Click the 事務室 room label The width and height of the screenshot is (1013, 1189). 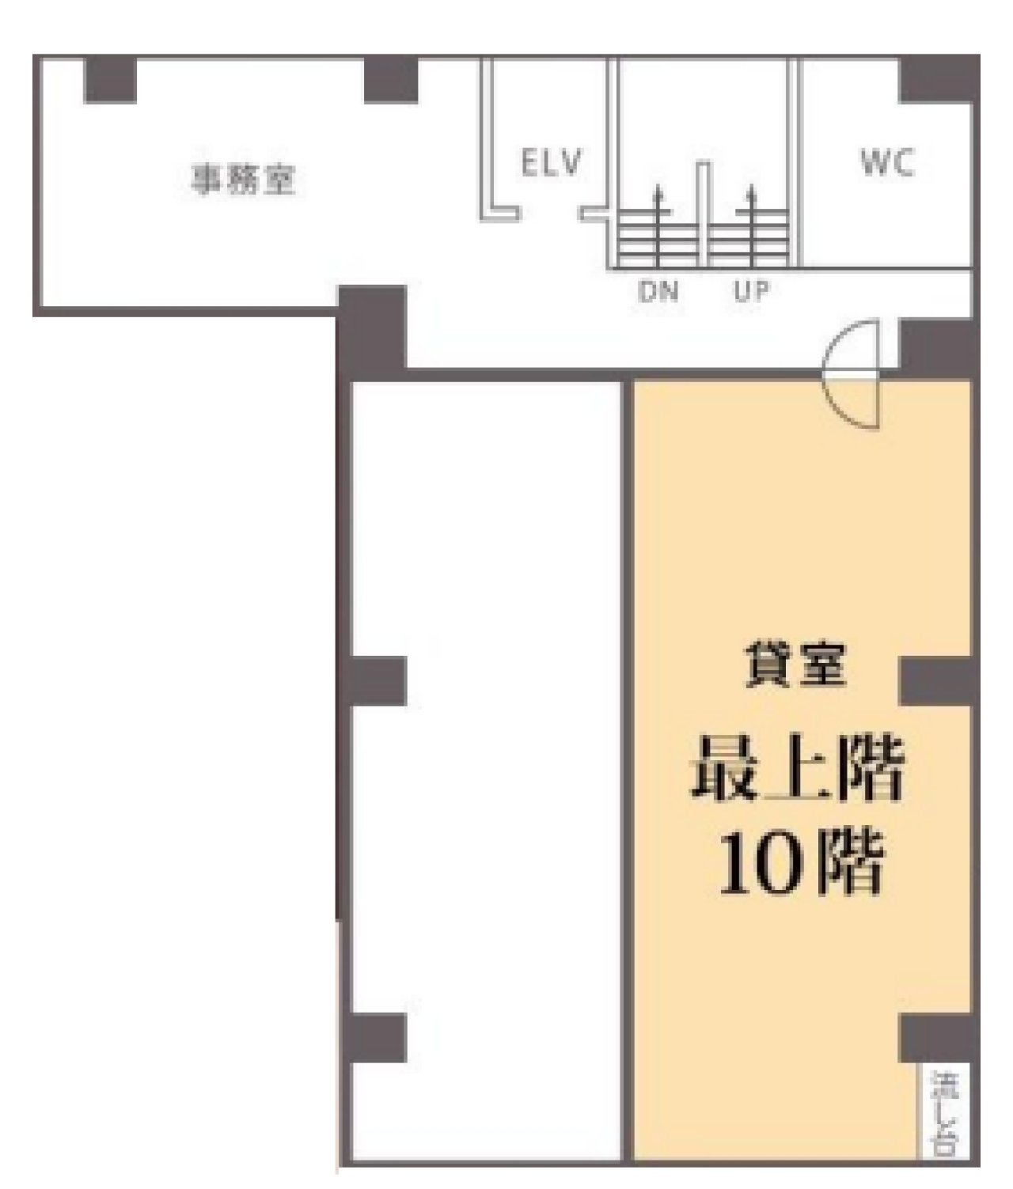(x=243, y=179)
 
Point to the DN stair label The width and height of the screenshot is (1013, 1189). (x=658, y=292)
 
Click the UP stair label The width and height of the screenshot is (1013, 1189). (x=750, y=292)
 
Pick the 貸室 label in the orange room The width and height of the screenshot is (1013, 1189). (x=795, y=665)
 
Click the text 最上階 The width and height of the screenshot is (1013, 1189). (x=798, y=768)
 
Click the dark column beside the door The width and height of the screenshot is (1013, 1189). (x=936, y=345)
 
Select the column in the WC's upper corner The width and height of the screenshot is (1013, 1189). (x=936, y=79)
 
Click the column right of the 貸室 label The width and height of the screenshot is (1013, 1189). (x=936, y=680)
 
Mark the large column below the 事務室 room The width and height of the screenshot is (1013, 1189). (x=372, y=328)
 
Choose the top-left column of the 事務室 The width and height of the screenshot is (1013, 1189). (x=111, y=79)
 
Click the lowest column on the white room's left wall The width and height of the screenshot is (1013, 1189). (x=377, y=1038)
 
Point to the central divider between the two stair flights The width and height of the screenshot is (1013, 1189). (x=703, y=214)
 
